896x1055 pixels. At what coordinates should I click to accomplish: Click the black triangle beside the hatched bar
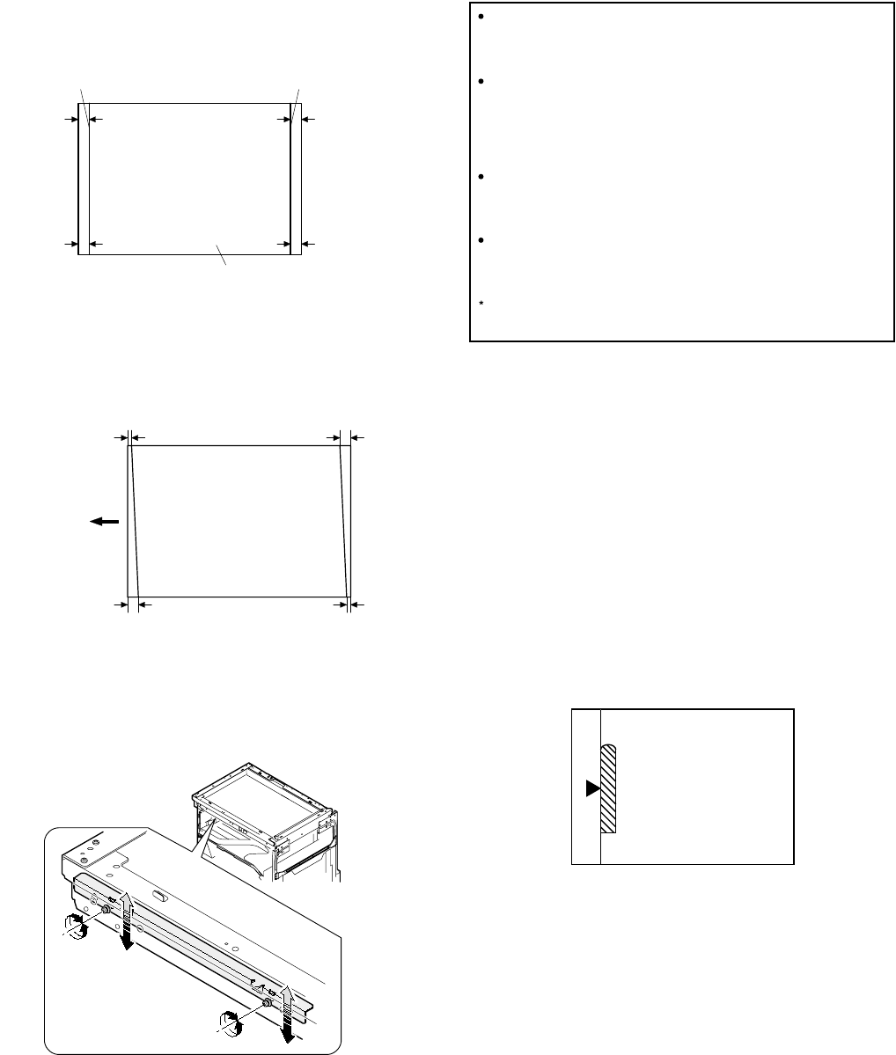(592, 789)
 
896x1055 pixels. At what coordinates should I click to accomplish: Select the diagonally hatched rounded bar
(607, 788)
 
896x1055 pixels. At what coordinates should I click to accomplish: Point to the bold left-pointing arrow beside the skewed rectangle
(103, 521)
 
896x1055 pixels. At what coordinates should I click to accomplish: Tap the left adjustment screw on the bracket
(105, 911)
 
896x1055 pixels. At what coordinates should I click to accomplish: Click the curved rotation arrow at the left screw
(74, 923)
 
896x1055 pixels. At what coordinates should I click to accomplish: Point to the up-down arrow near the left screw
(127, 920)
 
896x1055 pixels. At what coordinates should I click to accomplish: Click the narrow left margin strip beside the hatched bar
(586, 827)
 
